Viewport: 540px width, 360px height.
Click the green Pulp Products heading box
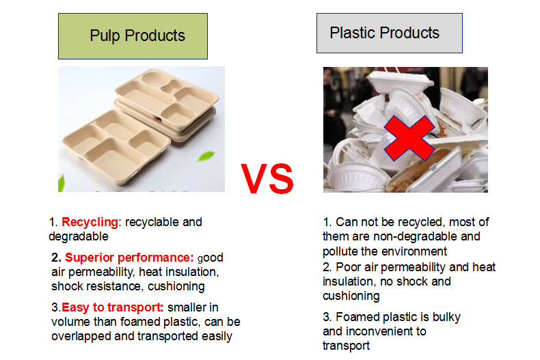click(133, 36)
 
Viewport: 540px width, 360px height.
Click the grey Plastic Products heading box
click(390, 33)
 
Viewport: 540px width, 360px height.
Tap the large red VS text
click(267, 179)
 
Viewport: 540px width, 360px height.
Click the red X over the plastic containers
click(409, 139)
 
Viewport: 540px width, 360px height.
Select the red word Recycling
click(90, 222)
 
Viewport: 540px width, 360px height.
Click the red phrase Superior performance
click(129, 258)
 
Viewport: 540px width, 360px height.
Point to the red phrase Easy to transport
click(113, 307)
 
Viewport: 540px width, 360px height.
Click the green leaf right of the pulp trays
click(206, 156)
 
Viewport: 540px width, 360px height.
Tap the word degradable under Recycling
click(79, 237)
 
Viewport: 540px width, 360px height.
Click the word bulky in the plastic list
click(446, 317)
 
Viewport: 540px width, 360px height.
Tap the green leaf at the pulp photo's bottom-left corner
click(62, 183)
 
